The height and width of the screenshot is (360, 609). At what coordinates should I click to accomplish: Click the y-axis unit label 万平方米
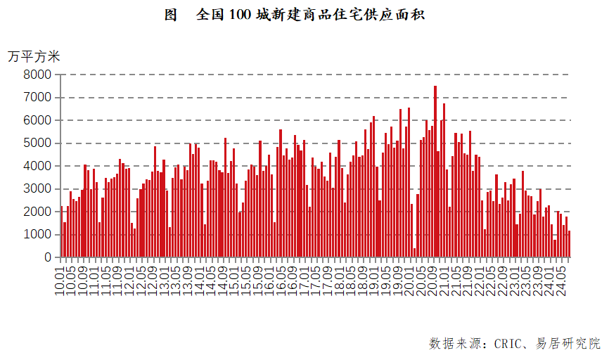coord(34,56)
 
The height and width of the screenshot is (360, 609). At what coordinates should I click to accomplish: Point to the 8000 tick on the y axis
coord(37,75)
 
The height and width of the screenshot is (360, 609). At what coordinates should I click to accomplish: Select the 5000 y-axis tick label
coord(37,143)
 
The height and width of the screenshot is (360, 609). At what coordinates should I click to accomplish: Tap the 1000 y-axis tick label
coord(37,234)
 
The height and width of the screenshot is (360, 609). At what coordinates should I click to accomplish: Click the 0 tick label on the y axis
coord(47,257)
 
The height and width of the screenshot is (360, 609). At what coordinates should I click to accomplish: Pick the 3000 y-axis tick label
coord(37,188)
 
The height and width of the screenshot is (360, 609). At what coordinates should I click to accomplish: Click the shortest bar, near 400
coord(414,252)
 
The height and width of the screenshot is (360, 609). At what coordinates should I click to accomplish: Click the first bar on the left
coord(61,232)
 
